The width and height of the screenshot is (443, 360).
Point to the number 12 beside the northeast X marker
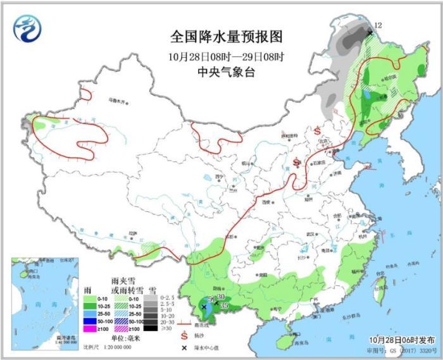pyautogui.click(x=378, y=25)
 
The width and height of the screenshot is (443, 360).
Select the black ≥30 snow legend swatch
pyautogui.click(x=150, y=328)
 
